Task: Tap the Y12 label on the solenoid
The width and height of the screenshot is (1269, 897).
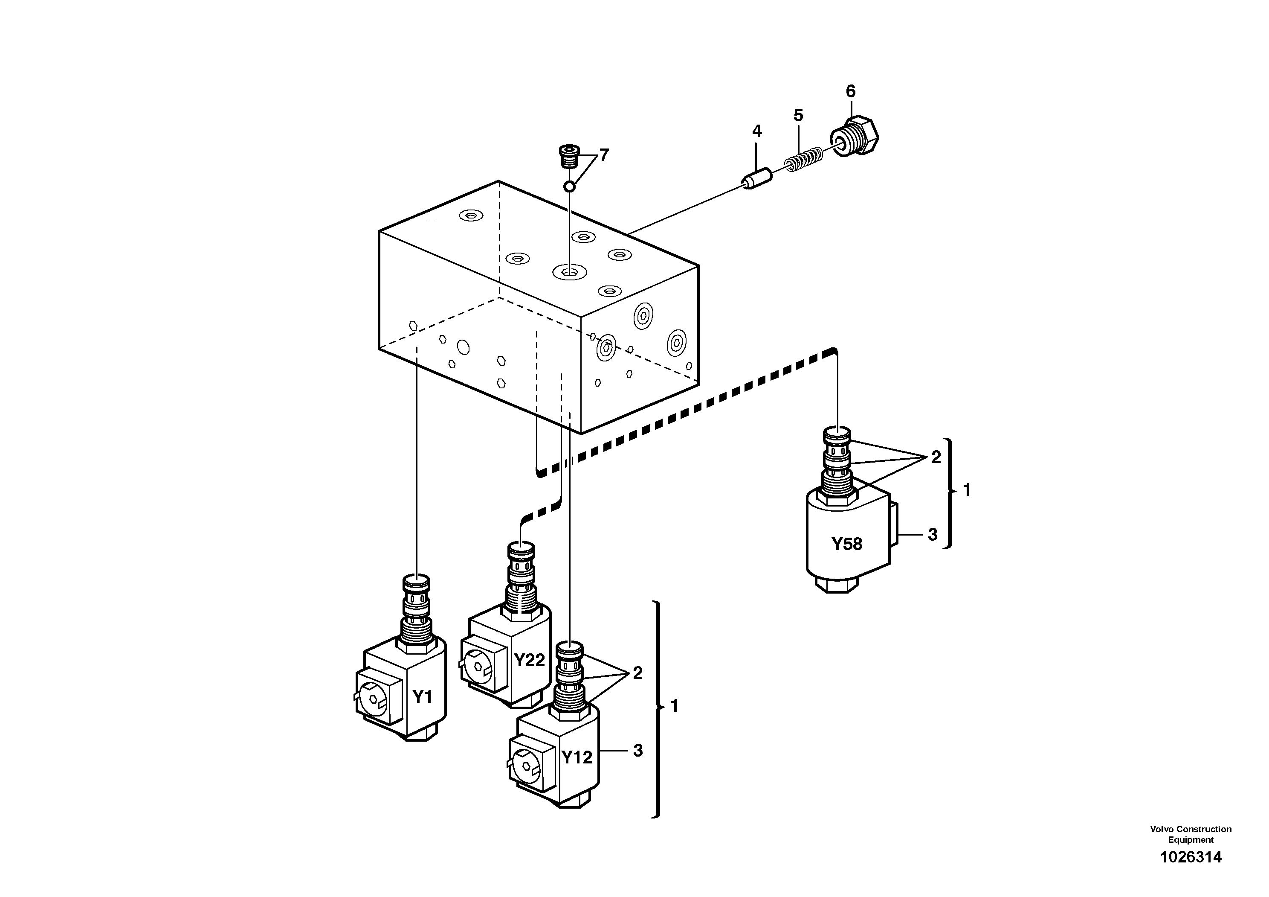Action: click(x=577, y=757)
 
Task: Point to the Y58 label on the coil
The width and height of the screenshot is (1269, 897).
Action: click(x=847, y=544)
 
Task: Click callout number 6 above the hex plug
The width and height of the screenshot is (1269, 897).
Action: click(x=851, y=91)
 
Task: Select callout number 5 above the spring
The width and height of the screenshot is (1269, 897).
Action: click(x=798, y=116)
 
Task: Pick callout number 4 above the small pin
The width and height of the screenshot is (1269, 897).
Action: click(x=756, y=131)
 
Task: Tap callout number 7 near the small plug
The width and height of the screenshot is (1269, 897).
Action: click(x=604, y=155)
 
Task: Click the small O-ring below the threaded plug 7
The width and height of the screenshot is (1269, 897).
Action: click(x=569, y=186)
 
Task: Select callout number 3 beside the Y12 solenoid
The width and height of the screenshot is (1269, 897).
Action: click(x=638, y=751)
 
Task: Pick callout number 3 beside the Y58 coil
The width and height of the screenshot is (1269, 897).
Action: click(x=933, y=535)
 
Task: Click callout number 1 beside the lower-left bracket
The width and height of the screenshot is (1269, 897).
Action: click(x=674, y=706)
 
